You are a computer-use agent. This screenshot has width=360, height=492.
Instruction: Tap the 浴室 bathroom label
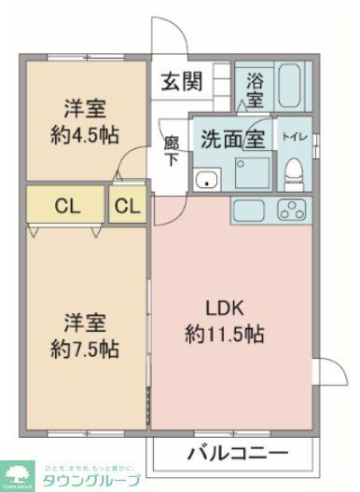(254, 89)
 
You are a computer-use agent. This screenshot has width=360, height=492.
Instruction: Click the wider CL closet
(64, 206)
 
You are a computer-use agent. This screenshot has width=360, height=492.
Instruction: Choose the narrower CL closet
(128, 206)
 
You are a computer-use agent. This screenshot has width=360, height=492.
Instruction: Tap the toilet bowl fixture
(295, 171)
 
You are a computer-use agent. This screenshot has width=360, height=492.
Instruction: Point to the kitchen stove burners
(293, 210)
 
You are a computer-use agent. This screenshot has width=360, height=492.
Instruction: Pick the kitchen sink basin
(251, 210)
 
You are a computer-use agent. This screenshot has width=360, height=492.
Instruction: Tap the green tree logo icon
(16, 473)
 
